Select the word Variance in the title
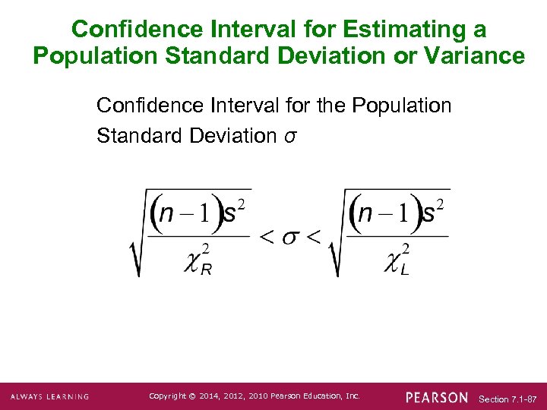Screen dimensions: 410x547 [x=479, y=56]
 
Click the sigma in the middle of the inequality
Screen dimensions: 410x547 [x=289, y=236]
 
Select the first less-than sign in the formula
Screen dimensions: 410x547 [x=267, y=236]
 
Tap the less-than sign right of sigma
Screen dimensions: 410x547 [x=312, y=236]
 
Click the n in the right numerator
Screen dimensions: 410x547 [x=365, y=214]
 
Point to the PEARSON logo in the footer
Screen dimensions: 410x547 [x=437, y=398]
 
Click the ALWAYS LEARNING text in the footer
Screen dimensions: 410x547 [x=49, y=397]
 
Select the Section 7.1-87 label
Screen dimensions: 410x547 [x=508, y=399]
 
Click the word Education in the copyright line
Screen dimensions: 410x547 [x=313, y=396]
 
